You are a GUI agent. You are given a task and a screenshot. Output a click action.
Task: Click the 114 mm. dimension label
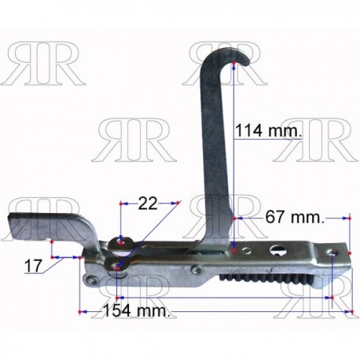pyautogui.click(x=268, y=130)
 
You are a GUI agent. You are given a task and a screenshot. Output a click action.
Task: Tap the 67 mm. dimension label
pyautogui.click(x=295, y=217)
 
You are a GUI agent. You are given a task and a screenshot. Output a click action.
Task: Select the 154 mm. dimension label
pyautogui.click(x=137, y=310)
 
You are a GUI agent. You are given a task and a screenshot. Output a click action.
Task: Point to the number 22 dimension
pyautogui.click(x=148, y=204)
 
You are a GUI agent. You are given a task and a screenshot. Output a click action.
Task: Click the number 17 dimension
pyautogui.click(x=33, y=266)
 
